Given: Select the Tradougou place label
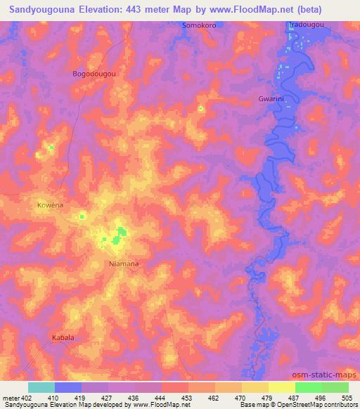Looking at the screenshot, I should coord(307,25).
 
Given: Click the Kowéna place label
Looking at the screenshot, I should coord(50,205).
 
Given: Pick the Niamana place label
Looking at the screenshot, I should coord(123,264).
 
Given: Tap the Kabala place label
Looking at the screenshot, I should coord(63,338).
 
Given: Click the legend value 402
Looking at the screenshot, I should coord(27,398).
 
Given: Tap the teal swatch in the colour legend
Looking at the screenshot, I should coord(41,387).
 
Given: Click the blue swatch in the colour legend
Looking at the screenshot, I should coord(68,387).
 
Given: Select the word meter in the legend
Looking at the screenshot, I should coord(11,398).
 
